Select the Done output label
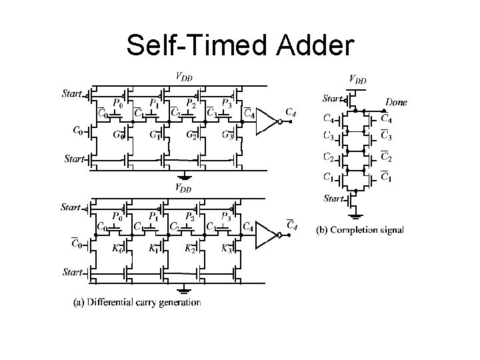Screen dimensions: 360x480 (396, 102)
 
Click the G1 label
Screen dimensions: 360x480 (155, 136)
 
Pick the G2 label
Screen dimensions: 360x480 (191, 136)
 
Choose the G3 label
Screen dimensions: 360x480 (227, 136)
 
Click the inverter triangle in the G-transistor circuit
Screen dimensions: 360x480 (267, 123)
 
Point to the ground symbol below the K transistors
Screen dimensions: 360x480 (183, 290)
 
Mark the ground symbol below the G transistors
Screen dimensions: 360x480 (183, 177)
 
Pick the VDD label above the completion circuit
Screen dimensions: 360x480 (358, 79)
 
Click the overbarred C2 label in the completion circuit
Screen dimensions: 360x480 (386, 159)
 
